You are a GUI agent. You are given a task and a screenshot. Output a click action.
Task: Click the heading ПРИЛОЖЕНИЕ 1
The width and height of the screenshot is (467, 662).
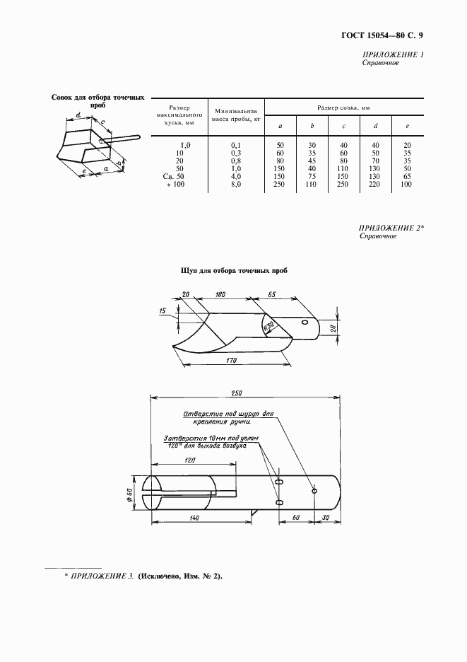[x=393, y=55]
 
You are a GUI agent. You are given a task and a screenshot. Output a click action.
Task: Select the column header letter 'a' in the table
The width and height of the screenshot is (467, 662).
[x=280, y=126]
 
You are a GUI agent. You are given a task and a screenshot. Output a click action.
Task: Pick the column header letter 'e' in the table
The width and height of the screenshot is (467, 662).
[x=407, y=126]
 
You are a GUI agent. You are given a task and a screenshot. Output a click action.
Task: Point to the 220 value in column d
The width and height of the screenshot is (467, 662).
[x=376, y=184]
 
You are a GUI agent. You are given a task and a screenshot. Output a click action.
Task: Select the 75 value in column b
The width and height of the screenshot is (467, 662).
[x=312, y=176]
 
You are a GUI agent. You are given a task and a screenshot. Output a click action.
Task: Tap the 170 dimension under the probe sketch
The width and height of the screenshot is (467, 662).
[x=227, y=361]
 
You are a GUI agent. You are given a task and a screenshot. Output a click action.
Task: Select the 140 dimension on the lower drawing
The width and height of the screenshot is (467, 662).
[x=194, y=518]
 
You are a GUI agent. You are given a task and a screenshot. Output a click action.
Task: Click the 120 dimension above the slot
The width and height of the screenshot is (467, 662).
[x=189, y=460]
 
